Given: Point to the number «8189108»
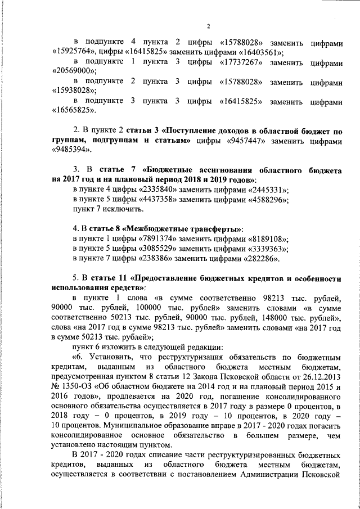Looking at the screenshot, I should (x=267, y=238).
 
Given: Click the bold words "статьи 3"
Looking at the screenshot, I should (x=141, y=131).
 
